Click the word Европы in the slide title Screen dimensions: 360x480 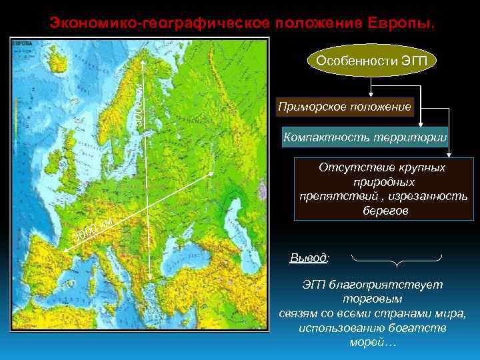400,23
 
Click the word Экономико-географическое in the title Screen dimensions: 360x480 159,23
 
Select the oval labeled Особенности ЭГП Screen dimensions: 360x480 372,61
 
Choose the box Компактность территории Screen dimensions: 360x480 365,138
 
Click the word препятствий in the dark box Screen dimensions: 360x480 337,196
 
